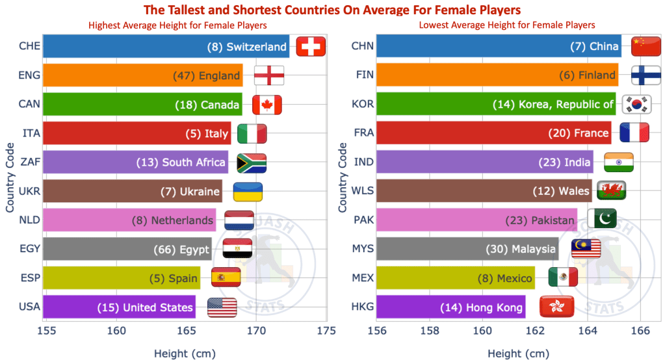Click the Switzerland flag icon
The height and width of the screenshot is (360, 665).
(311, 47)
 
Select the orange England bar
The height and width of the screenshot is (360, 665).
(143, 75)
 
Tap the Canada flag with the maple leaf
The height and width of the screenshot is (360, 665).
(266, 105)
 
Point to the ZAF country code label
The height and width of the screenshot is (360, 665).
(30, 162)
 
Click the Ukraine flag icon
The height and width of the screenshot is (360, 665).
(248, 192)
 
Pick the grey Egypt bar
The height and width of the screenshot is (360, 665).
(127, 249)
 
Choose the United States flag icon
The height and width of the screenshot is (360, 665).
(222, 307)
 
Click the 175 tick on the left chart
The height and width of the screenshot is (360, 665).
(326, 331)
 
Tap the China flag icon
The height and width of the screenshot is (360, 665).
(646, 47)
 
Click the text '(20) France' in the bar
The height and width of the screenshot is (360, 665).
(577, 133)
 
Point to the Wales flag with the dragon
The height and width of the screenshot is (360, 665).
(611, 191)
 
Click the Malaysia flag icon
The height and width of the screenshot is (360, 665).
(586, 249)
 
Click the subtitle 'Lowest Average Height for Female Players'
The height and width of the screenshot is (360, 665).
(507, 25)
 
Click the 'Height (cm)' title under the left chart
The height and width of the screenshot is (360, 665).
(185, 354)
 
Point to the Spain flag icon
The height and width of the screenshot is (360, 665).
(226, 278)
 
